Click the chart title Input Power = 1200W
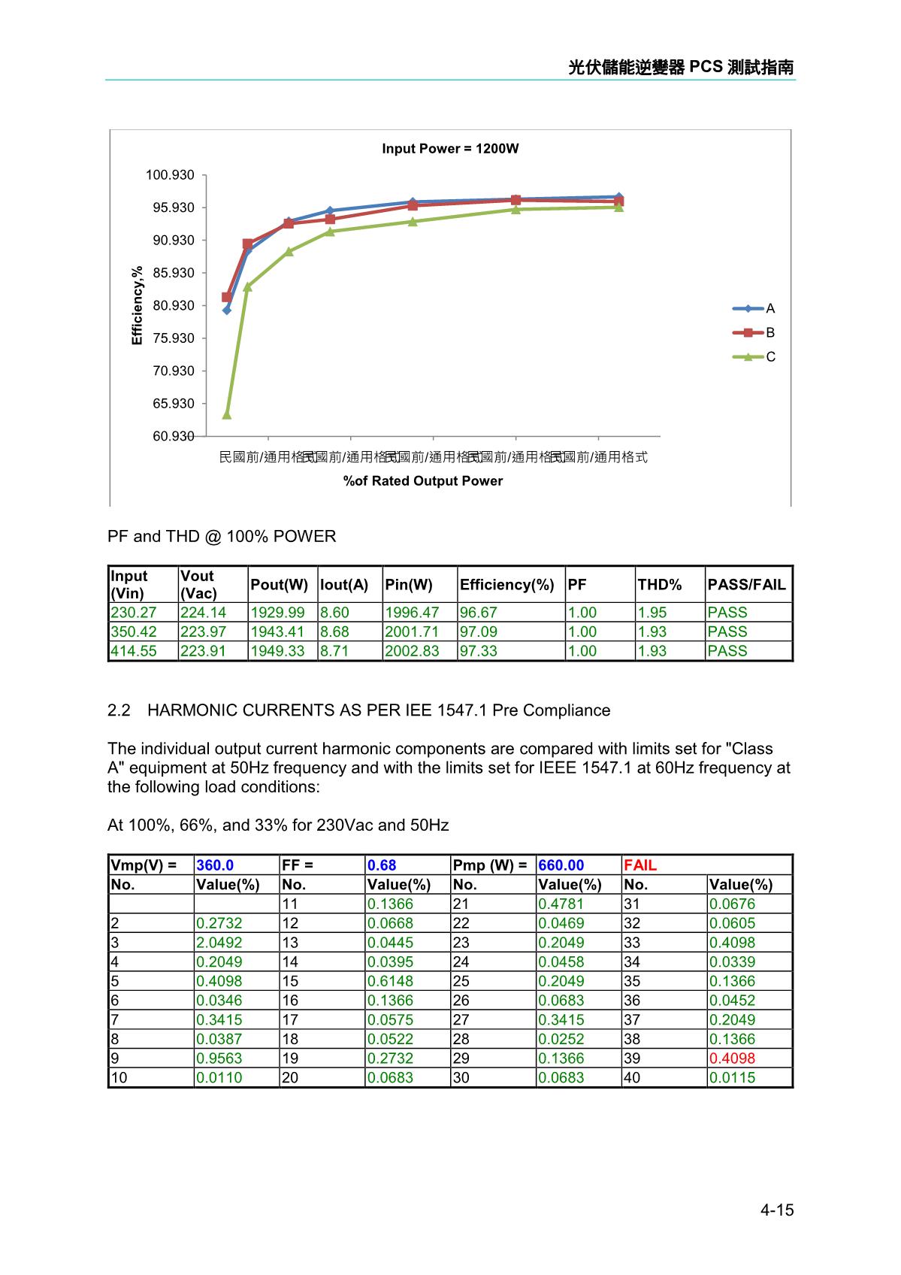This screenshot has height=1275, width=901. point(450,149)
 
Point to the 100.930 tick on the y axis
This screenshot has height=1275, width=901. point(170,175)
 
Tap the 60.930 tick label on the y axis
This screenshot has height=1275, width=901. point(173,436)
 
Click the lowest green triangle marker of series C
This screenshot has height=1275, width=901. point(227,415)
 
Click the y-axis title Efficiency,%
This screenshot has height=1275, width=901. point(137,305)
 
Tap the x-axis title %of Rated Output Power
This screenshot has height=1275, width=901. point(423,481)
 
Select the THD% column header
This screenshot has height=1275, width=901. point(660,585)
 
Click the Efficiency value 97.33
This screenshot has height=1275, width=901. point(479,651)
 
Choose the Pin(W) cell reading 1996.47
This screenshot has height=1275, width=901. point(412,613)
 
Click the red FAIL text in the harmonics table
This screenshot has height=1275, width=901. point(640,865)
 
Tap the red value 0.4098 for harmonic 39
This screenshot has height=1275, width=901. point(733,1058)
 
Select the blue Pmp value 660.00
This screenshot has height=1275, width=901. point(561,865)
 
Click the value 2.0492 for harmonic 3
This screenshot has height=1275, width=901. point(219,943)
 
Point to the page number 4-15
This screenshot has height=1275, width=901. point(777,1210)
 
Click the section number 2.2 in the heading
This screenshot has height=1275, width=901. point(119,710)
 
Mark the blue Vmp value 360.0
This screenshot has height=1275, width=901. point(215,865)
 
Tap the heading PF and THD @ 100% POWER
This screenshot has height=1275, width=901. point(222,537)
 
